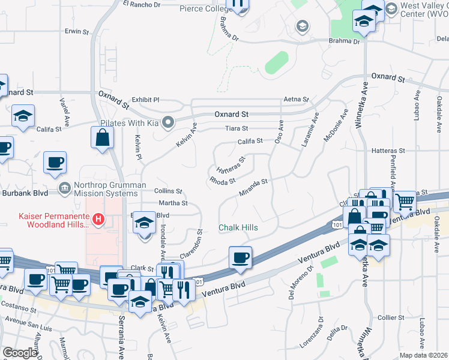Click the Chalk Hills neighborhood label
238,228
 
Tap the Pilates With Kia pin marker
169,122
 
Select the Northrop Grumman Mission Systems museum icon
64,188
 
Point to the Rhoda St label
222,180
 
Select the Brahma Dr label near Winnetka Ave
344,41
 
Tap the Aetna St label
297,100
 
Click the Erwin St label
77,31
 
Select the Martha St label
173,203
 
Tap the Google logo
19,353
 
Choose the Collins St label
168,191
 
